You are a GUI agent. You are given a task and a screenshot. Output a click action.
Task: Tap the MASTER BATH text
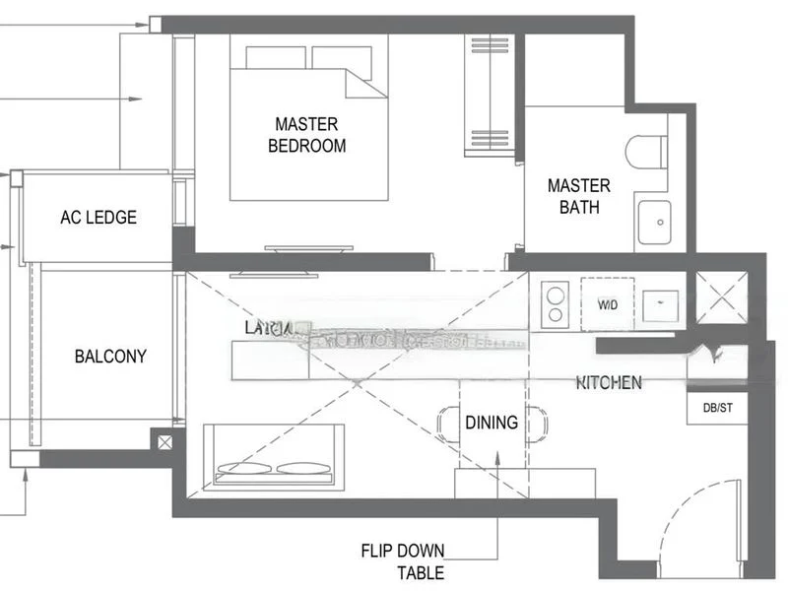coord(578,196)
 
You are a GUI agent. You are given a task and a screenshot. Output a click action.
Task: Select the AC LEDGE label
coord(98,217)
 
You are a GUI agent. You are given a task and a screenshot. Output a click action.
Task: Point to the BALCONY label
coord(110,357)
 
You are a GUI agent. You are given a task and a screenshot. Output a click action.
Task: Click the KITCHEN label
coord(609,382)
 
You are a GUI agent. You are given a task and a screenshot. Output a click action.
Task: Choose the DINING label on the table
coord(491,423)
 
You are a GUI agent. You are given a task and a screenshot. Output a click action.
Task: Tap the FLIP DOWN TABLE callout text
coord(402,561)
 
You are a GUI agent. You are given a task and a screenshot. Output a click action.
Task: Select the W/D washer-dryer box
coord(608,304)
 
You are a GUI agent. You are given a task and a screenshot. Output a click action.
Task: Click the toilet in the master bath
coord(646,152)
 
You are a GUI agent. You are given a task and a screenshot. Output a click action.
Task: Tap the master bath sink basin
coord(653,222)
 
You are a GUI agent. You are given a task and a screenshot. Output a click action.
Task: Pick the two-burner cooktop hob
coord(556,303)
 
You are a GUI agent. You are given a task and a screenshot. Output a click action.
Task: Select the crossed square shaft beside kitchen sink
coord(721,296)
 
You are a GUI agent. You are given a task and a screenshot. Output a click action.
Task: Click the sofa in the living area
coord(274,455)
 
